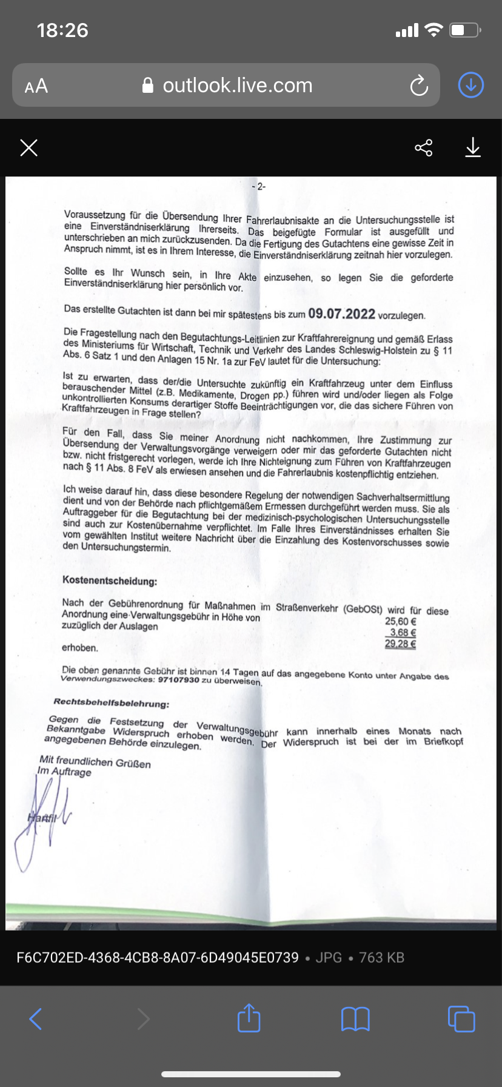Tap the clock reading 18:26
click(62, 30)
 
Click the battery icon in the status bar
click(464, 30)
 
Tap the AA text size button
click(36, 86)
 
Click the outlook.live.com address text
click(237, 86)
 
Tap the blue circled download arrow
click(470, 86)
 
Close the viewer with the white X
click(28, 147)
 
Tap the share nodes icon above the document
click(423, 147)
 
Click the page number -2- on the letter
click(259, 187)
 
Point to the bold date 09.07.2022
click(342, 314)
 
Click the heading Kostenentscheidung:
click(110, 581)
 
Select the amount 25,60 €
click(401, 621)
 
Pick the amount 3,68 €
click(403, 633)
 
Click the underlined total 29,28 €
click(400, 644)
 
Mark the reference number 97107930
click(178, 680)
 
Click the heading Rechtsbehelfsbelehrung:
click(112, 703)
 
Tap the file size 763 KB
click(381, 958)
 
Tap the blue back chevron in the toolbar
click(36, 1019)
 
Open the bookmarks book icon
click(355, 1019)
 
